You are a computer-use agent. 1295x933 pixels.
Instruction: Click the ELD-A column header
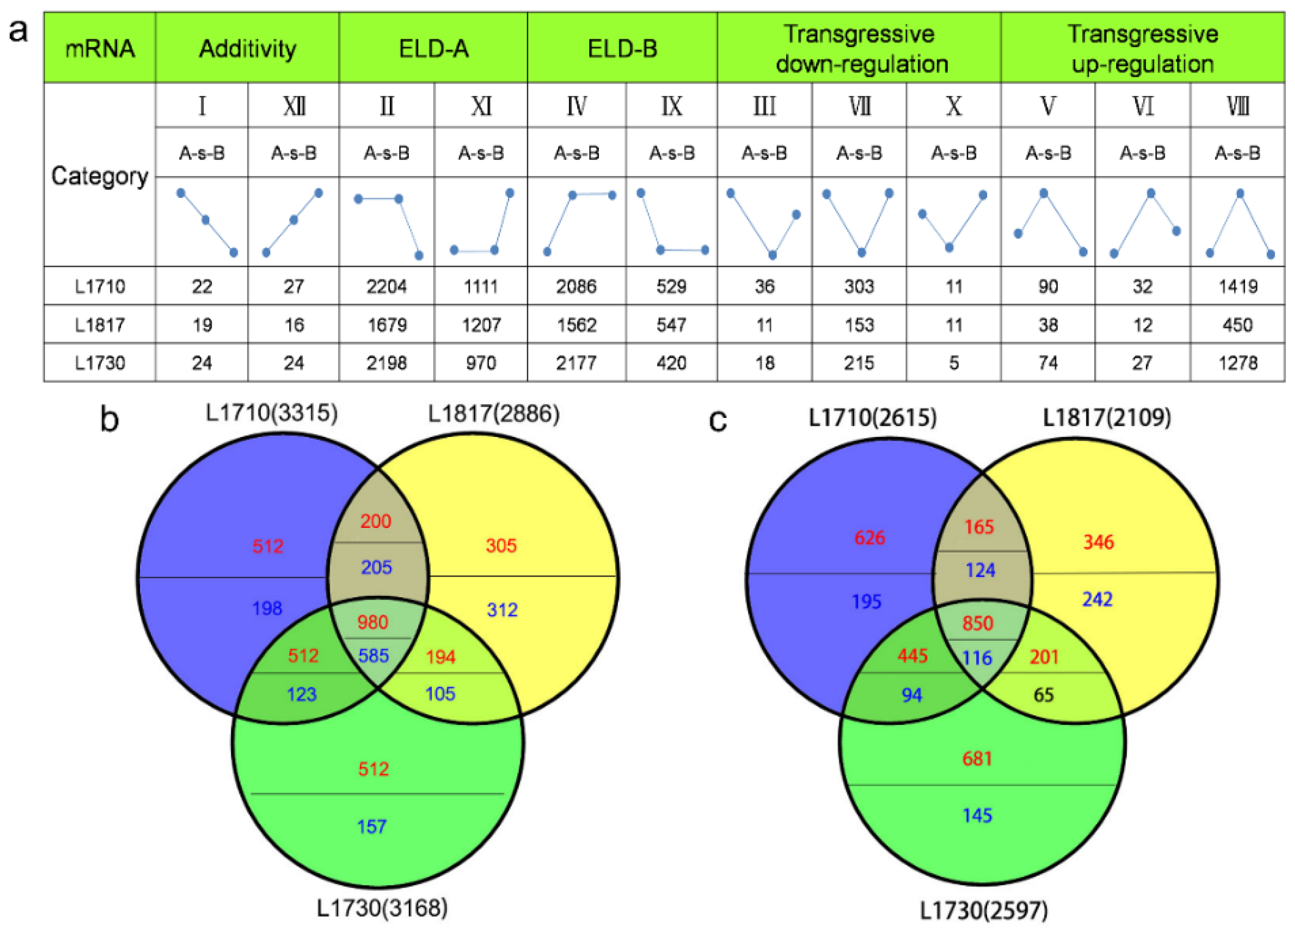(x=433, y=49)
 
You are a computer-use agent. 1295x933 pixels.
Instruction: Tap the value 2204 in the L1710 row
(x=386, y=286)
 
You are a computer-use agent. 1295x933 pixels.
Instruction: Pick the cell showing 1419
(x=1238, y=286)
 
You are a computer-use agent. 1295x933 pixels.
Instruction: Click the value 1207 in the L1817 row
(x=481, y=325)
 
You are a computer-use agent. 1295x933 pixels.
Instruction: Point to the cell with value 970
(x=481, y=363)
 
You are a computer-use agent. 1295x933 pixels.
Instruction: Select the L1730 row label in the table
(x=100, y=363)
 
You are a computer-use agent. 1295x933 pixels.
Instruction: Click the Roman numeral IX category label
(x=671, y=106)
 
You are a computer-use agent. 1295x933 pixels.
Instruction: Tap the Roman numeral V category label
(x=1048, y=106)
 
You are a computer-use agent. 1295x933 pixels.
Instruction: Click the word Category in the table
(x=100, y=176)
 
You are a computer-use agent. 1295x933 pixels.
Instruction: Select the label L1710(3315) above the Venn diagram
(x=272, y=412)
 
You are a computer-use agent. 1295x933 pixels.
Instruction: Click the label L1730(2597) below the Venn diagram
(x=984, y=910)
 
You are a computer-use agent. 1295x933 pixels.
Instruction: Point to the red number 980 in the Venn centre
(x=373, y=621)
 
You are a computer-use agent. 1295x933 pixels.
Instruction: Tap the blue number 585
(x=373, y=655)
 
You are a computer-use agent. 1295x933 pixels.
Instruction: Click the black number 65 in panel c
(x=1043, y=695)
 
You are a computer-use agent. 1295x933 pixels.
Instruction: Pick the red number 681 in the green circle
(x=977, y=758)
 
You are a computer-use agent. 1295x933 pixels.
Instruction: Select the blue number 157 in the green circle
(x=372, y=826)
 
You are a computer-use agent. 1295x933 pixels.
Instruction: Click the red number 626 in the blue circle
(x=870, y=537)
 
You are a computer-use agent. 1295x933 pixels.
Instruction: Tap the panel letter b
(x=109, y=419)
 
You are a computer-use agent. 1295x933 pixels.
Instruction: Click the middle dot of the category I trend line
(x=205, y=220)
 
